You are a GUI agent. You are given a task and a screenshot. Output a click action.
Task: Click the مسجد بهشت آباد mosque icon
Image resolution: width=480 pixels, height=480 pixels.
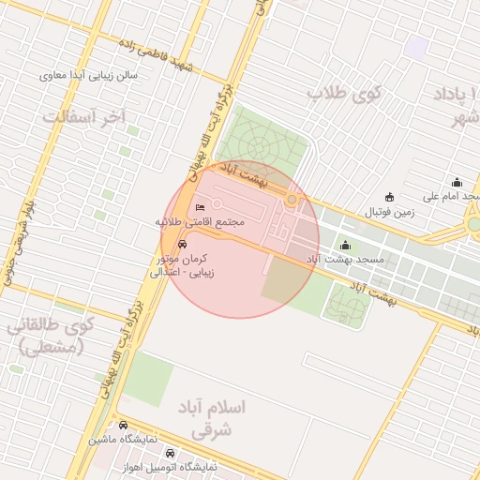344,246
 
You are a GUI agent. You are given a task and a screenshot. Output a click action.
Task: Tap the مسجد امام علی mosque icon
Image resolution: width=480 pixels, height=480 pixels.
457,182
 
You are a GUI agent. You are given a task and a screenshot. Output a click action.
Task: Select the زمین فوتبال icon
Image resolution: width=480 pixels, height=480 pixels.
390,197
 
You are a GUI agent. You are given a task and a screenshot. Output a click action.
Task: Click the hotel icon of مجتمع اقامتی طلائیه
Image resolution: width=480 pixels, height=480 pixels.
199,208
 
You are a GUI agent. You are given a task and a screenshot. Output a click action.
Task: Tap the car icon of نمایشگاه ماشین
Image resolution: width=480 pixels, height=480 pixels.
124,425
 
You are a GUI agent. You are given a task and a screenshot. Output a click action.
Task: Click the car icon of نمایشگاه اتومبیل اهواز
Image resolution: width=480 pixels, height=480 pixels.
168,452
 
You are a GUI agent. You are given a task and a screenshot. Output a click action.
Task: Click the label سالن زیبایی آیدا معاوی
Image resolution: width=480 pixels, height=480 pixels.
89,75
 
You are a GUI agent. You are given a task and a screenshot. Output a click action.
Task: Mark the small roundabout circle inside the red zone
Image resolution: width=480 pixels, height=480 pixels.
292,200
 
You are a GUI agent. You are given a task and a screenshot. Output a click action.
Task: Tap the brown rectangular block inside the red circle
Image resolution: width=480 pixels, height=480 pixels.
282,280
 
